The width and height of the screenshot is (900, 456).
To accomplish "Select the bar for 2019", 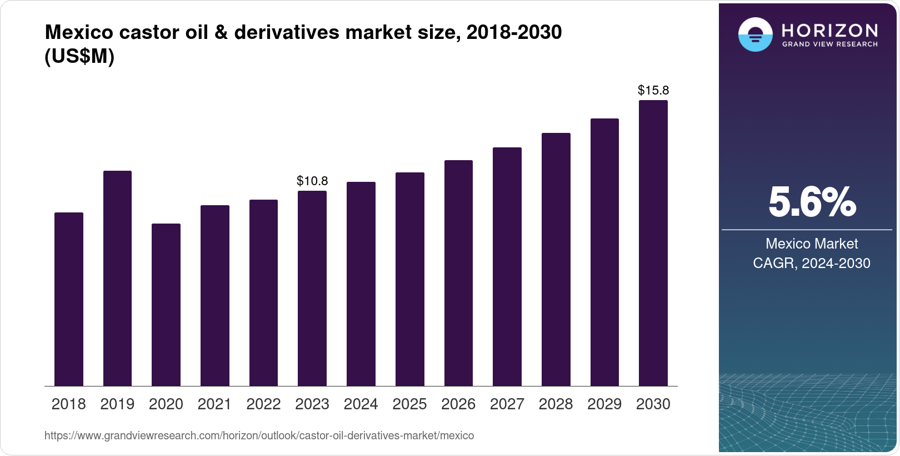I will coord(117,278).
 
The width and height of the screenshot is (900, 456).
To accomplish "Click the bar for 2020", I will coord(166,305).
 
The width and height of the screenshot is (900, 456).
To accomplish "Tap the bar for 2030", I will coord(653,243).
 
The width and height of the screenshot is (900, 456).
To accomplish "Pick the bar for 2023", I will coord(312,288).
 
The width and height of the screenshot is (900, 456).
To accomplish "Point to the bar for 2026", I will coord(458,273).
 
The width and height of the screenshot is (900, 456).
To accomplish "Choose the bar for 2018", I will coord(69,299).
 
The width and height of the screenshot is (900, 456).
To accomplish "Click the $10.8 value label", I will coord(312,181).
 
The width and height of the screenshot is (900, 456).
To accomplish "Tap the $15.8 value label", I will coord(653,90).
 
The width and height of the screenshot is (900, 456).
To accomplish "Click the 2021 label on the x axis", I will coord(214,404).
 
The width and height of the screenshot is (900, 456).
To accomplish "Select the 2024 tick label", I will coord(361,404).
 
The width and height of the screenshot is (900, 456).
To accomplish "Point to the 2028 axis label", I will coord(556,404).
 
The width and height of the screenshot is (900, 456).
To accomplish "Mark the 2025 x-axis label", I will coord(409,404).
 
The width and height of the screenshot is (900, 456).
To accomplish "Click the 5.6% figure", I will coord(812,202).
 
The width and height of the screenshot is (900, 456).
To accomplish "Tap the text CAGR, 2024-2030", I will coord(811,263).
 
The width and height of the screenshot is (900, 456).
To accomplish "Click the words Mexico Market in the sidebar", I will coord(811,244).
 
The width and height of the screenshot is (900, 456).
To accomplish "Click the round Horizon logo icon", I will coord(755,34).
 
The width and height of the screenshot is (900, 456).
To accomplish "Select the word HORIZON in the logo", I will coord(829,30).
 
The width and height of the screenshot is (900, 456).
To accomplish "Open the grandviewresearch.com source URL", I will coord(259,435).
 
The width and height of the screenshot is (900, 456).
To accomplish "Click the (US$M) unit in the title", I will coord(79,56).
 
